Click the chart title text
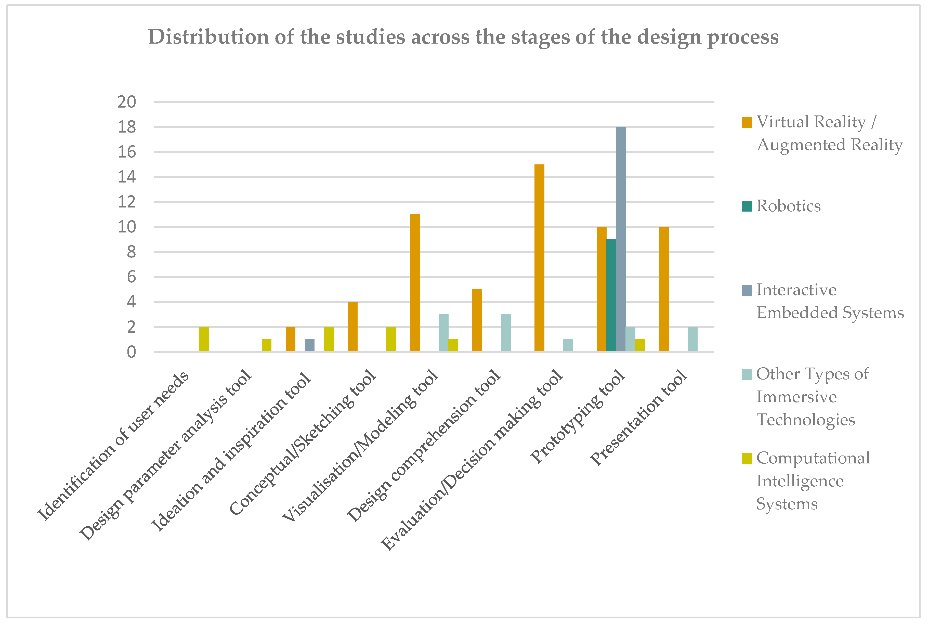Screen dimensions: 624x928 (463, 37)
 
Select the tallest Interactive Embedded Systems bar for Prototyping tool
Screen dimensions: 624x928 (620, 239)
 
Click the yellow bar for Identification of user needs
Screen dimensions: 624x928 (204, 339)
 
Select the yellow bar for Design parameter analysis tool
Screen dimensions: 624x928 (266, 345)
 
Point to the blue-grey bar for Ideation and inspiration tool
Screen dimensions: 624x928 (310, 345)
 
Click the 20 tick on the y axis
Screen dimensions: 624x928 (126, 102)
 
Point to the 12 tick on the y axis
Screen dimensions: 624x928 (126, 202)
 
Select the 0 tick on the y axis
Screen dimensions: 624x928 (131, 352)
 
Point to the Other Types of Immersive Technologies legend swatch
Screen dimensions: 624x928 (747, 374)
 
